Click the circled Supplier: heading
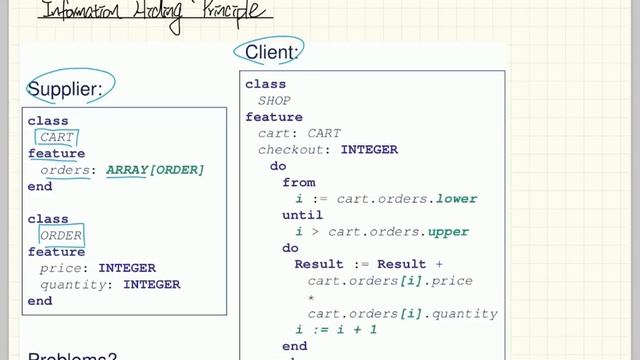(x=65, y=90)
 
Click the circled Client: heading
(x=268, y=52)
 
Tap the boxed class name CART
(x=58, y=138)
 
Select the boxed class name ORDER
(x=61, y=236)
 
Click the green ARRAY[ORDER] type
(x=155, y=170)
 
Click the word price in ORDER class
(x=59, y=268)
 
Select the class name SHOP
(x=274, y=101)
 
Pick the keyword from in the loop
(x=299, y=183)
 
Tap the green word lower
(x=452, y=199)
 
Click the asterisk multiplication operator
(x=311, y=297)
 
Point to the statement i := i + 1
(x=336, y=329)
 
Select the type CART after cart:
(x=324, y=134)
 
